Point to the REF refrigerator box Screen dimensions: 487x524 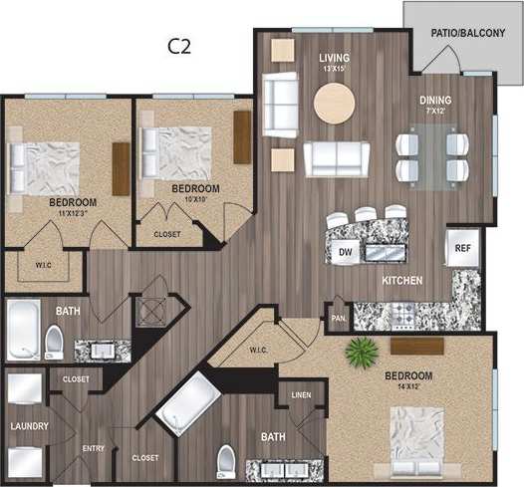click(x=462, y=248)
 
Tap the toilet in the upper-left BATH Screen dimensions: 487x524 click(x=54, y=344)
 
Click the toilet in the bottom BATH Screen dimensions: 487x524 click(x=226, y=461)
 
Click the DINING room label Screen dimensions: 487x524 click(x=435, y=101)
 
